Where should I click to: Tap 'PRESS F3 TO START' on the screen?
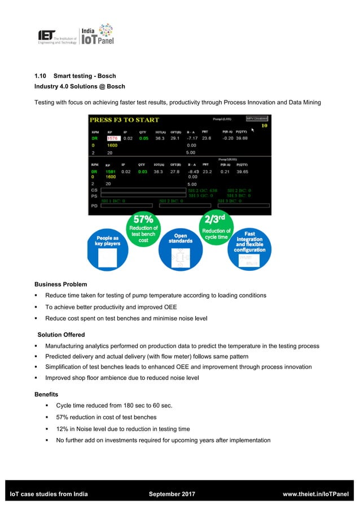point(125,120)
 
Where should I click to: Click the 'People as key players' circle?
point(107,248)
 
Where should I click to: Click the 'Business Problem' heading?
point(61,284)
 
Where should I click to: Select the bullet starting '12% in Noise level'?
point(123,429)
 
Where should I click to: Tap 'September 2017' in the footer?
point(172,494)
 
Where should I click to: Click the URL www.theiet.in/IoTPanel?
point(315,494)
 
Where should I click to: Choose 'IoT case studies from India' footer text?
point(50,494)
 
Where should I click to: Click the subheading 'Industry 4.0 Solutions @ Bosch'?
point(80,86)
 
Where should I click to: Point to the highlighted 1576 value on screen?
point(113,138)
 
